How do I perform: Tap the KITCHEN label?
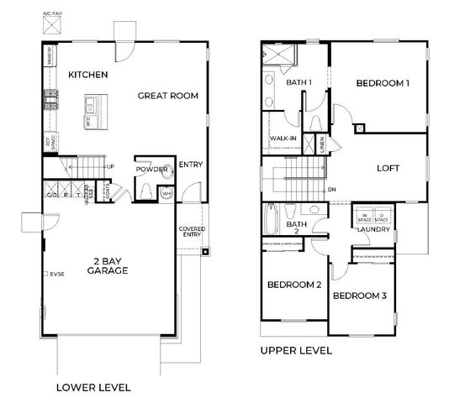88,76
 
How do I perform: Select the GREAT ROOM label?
168,96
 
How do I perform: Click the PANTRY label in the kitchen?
50,58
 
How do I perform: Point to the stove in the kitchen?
51,102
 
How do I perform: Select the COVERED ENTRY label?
193,232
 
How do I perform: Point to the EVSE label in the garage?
57,274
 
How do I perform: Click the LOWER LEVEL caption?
92,387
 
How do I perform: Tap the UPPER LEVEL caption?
296,350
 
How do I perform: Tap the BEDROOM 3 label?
359,296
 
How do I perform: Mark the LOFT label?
388,168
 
